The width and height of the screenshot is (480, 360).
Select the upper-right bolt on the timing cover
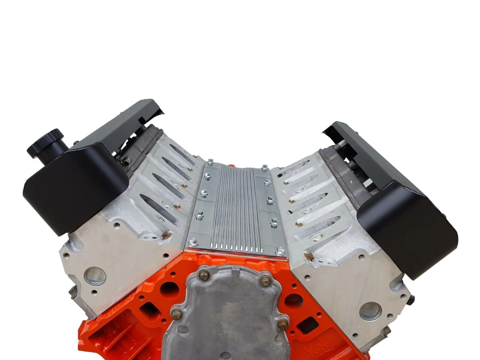[x=264, y=281]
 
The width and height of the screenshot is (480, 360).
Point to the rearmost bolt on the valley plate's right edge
[x=265, y=167]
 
